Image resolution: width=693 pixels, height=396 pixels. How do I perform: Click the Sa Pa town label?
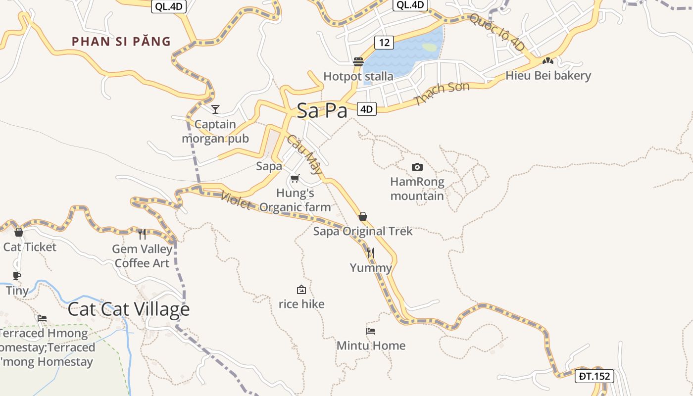322,110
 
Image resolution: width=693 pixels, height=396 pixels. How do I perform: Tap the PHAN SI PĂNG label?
121,42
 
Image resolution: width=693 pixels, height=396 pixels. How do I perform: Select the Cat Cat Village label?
129,309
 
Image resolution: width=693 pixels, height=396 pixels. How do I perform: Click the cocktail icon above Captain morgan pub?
215,109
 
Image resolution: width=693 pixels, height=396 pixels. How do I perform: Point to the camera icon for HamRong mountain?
417,167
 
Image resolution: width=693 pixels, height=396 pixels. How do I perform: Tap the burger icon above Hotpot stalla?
358,62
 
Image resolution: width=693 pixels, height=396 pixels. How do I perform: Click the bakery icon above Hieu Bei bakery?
547,61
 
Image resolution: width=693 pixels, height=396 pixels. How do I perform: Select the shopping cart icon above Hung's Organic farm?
295,178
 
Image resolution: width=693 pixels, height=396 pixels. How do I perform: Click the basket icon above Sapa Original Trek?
363,216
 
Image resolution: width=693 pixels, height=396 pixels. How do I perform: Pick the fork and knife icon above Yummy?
371,253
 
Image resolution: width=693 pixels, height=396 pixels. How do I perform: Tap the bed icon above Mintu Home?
371,331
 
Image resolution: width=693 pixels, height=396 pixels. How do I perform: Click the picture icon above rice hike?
301,290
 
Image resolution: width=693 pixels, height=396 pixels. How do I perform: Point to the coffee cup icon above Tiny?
17,276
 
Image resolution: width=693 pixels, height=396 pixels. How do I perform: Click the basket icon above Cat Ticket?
19,232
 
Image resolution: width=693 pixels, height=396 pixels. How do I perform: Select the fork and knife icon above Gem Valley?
142,234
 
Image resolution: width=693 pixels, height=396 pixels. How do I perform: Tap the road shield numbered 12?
384,43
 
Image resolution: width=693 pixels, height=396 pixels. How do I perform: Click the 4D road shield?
366,109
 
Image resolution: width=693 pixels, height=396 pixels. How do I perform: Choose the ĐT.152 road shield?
595,376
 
